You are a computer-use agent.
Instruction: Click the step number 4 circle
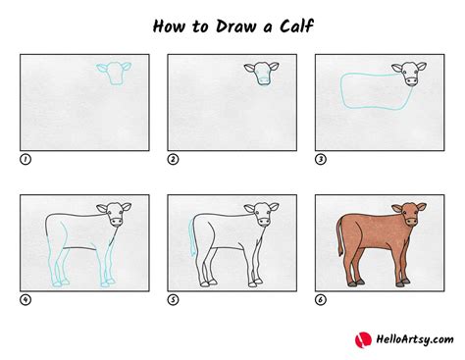click(x=25, y=299)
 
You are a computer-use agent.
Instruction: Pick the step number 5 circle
click(x=173, y=299)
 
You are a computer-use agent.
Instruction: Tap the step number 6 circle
click(x=320, y=299)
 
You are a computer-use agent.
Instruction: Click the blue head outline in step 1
click(x=114, y=74)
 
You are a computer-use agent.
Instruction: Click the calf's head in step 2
click(x=261, y=74)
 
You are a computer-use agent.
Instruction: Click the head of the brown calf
click(x=408, y=216)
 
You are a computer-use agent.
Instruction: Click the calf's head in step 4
click(x=114, y=216)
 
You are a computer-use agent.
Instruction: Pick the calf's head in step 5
click(x=261, y=216)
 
